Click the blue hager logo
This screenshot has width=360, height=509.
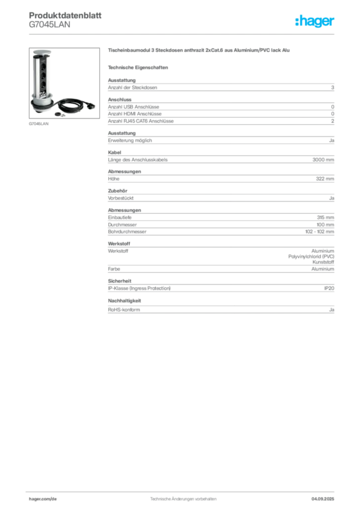click(316, 22)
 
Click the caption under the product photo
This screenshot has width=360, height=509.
click(40, 124)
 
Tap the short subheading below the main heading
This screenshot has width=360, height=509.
click(139, 67)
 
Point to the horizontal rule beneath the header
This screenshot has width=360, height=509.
click(182, 34)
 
